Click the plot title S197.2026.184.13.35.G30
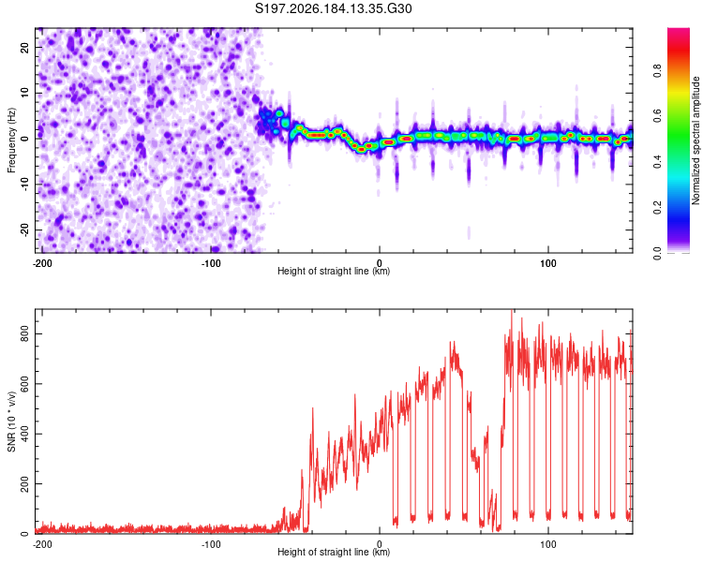(x=333, y=8)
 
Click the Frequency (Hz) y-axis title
(x=11, y=140)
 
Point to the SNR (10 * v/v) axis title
(x=11, y=421)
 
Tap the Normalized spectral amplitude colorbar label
(x=696, y=140)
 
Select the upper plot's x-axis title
(x=334, y=271)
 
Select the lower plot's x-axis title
(x=334, y=552)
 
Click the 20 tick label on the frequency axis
(x=24, y=48)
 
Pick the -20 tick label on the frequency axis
(x=24, y=229)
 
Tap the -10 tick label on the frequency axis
(x=24, y=185)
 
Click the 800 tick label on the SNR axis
(x=24, y=333)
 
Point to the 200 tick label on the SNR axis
(x=24, y=484)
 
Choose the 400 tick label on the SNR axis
(x=24, y=434)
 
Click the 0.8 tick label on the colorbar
(x=657, y=71)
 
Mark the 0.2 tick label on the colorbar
(x=657, y=208)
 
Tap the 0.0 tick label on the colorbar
(x=657, y=253)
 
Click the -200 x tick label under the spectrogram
(x=42, y=263)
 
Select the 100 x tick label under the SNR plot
(x=548, y=544)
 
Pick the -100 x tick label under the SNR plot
(x=211, y=544)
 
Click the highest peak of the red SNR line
(x=512, y=310)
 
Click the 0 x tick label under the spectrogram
(x=380, y=263)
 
